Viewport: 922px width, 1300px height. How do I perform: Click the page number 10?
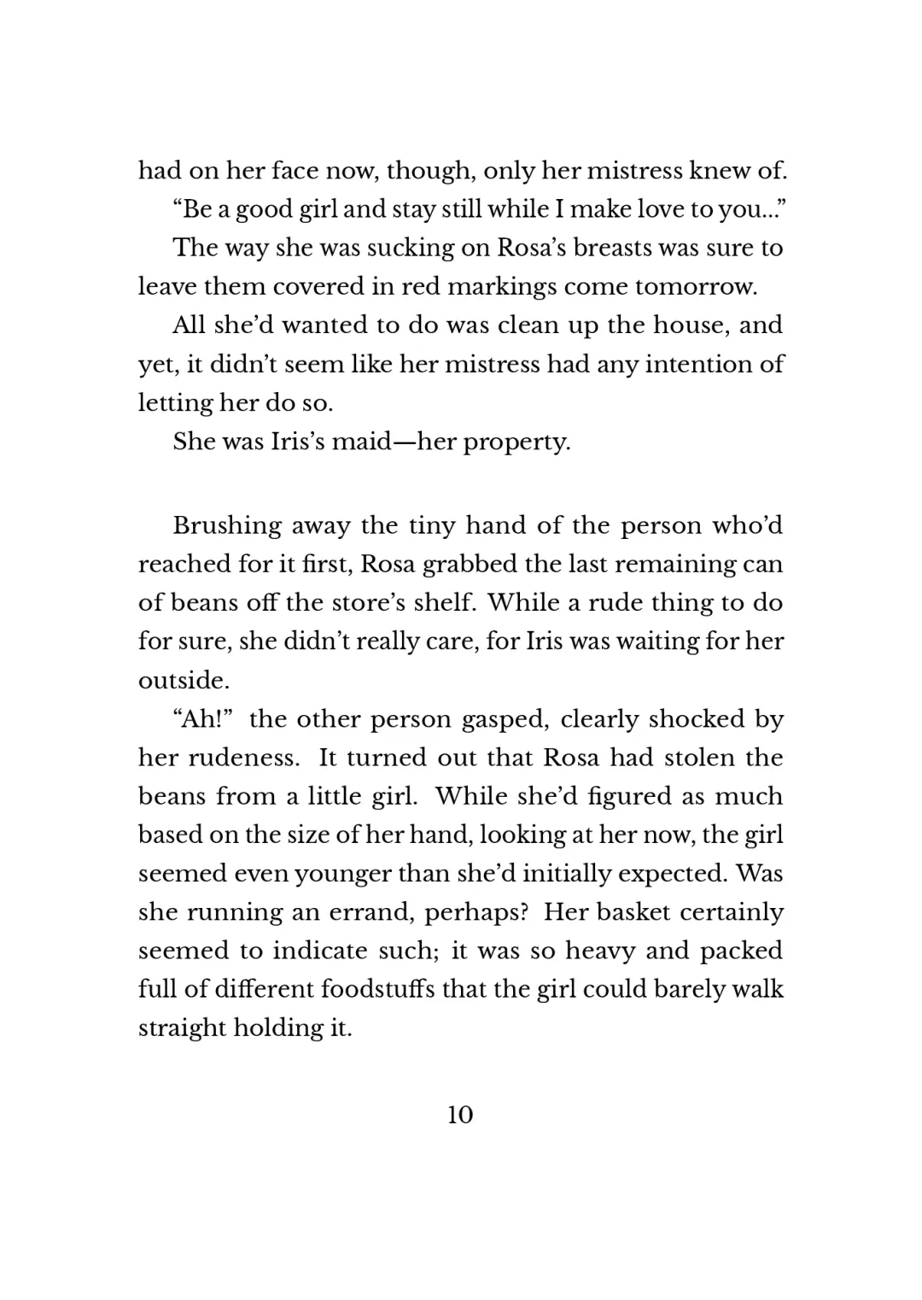click(x=459, y=1115)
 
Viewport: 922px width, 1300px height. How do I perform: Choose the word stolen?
click(x=693, y=758)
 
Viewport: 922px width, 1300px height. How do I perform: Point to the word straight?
click(x=178, y=1028)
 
